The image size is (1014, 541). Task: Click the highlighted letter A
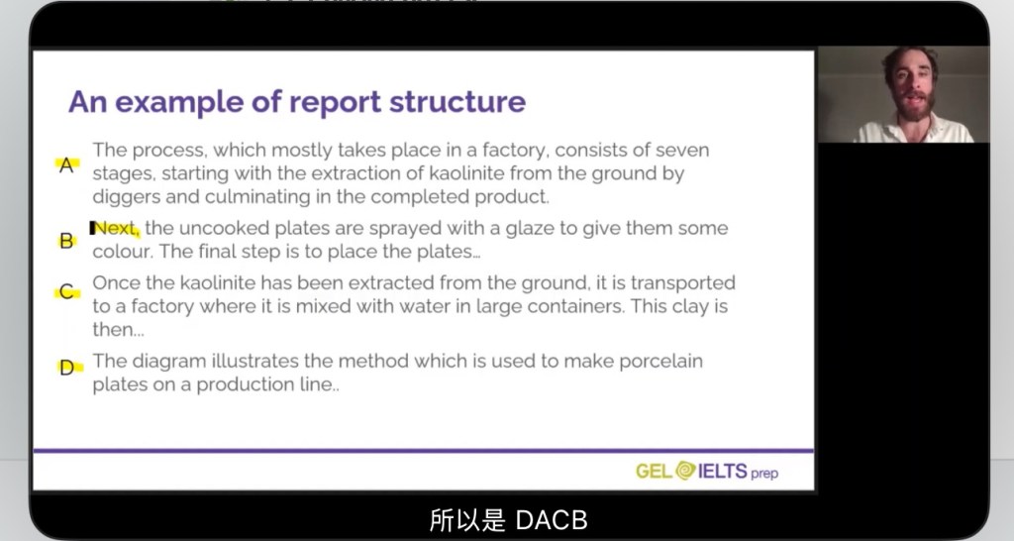66,165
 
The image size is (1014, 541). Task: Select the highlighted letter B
66,241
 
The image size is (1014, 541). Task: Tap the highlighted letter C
66,292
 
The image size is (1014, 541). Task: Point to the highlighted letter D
66,369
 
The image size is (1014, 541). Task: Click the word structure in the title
457,102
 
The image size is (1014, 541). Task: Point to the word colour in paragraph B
122,251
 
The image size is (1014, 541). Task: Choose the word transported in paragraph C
683,283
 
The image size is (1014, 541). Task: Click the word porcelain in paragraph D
660,362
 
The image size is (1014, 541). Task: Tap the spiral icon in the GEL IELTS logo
685,470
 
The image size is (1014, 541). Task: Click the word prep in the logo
764,474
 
